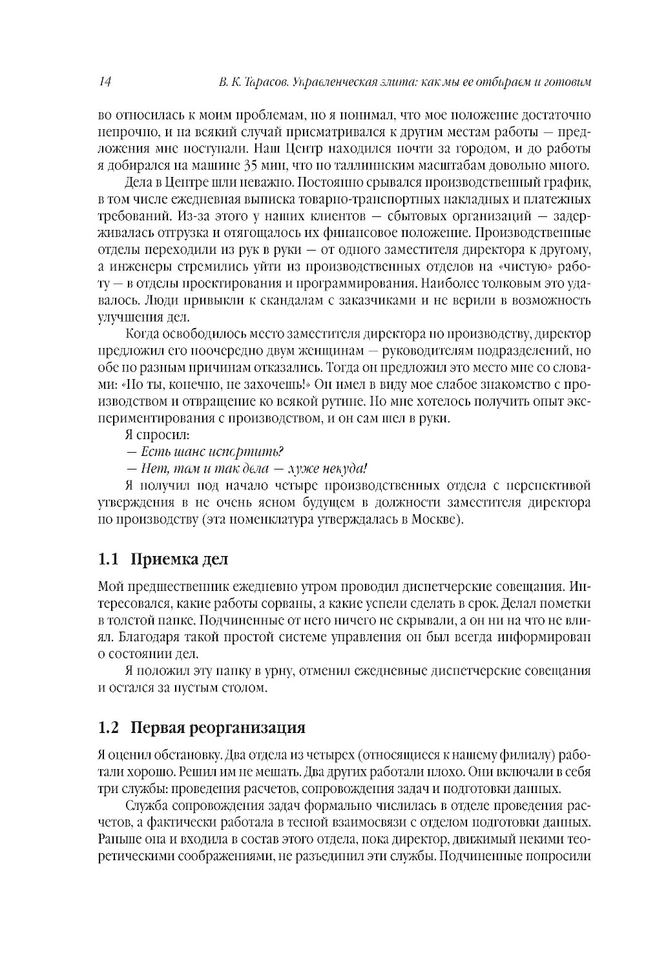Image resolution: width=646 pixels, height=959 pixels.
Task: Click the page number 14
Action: (x=105, y=82)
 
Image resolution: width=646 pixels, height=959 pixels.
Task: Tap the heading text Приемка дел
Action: (x=179, y=559)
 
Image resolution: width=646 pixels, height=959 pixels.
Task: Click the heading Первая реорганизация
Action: (x=218, y=728)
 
